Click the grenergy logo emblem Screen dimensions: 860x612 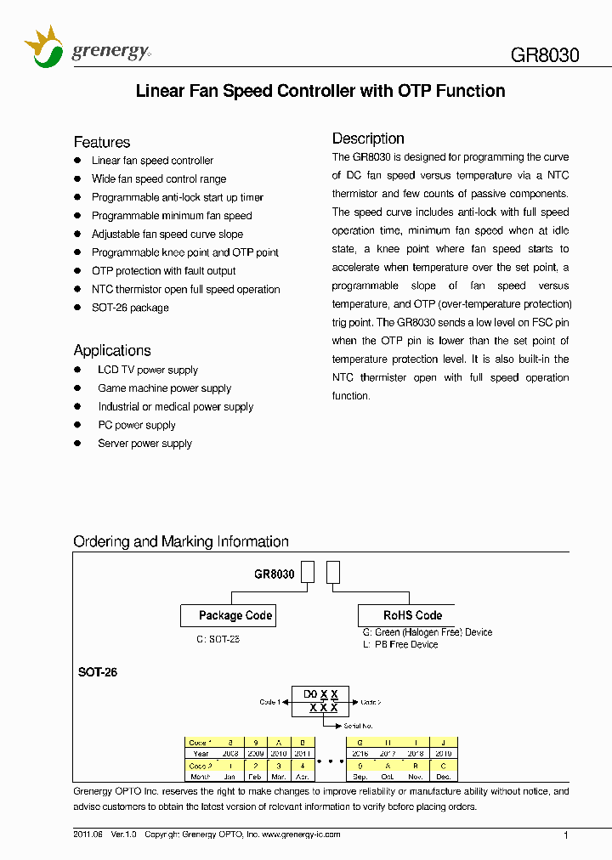(43, 48)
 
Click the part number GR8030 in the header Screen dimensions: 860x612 (545, 56)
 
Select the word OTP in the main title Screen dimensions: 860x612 (415, 91)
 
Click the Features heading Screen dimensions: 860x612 (102, 142)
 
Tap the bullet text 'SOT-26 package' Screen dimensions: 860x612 (130, 308)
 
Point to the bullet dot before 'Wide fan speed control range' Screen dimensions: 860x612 (78, 179)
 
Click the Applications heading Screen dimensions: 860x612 (112, 350)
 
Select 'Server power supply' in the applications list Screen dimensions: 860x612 (144, 444)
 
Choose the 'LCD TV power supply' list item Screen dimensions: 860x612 (147, 370)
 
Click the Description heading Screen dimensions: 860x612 (368, 139)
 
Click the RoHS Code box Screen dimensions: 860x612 (412, 615)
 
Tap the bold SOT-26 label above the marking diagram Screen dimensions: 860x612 (98, 672)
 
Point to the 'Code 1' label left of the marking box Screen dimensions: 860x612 (269, 702)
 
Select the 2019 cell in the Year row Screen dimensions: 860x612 (443, 753)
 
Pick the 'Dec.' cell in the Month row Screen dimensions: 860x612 (443, 777)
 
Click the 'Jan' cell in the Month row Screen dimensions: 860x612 (229, 777)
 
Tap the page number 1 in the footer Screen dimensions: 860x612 (566, 835)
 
